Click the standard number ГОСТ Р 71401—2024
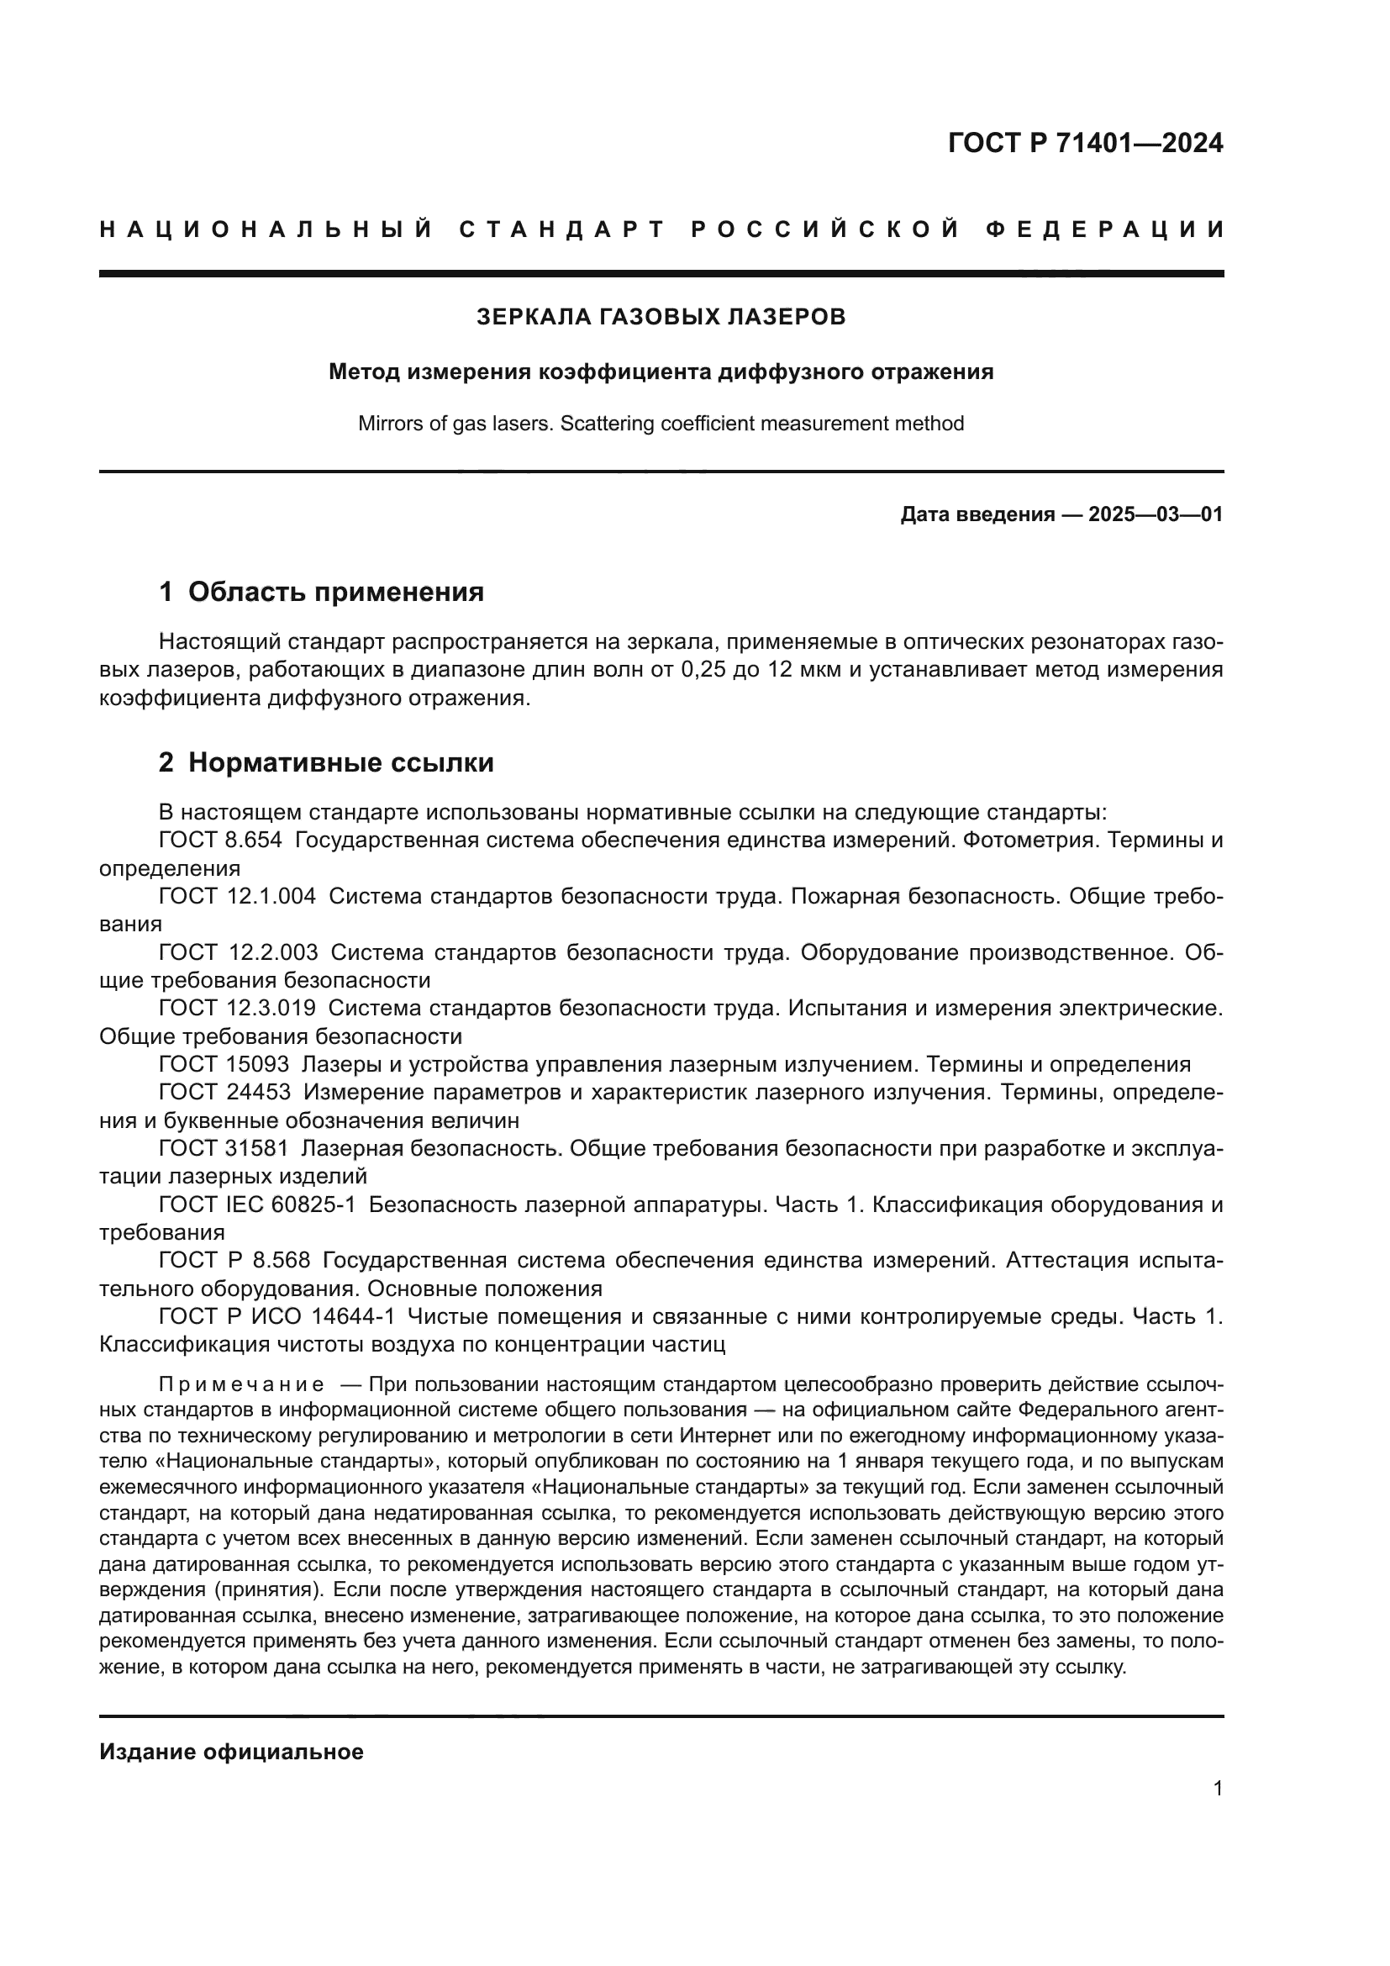pos(1085,143)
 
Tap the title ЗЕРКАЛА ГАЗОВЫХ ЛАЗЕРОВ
pos(661,318)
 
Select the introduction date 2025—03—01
pos(1155,514)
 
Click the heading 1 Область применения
pos(321,593)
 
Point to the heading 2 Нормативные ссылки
pos(326,763)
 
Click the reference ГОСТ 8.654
pos(220,841)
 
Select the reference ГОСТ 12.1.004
pos(237,897)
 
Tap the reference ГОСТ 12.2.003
pos(238,953)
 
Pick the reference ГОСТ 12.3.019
pos(237,1009)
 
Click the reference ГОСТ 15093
pos(224,1065)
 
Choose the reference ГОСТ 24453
pos(224,1093)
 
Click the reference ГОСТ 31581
pos(224,1149)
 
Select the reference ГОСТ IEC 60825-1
pos(257,1205)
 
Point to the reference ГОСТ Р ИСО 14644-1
pos(276,1317)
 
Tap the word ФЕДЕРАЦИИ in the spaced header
pos(1105,230)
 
